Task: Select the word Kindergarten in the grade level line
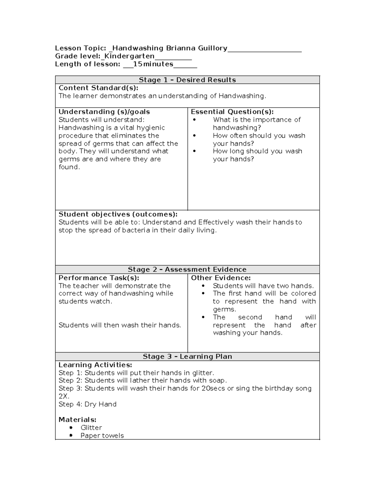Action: (129, 56)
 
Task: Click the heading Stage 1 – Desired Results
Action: (187, 80)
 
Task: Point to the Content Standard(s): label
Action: (98, 88)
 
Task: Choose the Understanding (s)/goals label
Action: (104, 112)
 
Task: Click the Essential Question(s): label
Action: (232, 112)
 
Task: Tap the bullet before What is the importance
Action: (194, 120)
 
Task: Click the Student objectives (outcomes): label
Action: (118, 214)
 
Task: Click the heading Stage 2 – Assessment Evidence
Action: (187, 269)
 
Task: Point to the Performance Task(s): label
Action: (99, 278)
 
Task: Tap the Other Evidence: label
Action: (221, 278)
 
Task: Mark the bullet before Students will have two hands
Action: (203, 286)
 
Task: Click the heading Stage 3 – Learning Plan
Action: (187, 356)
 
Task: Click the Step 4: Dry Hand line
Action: (87, 404)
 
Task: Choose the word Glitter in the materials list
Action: (91, 428)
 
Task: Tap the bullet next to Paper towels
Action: (71, 436)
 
